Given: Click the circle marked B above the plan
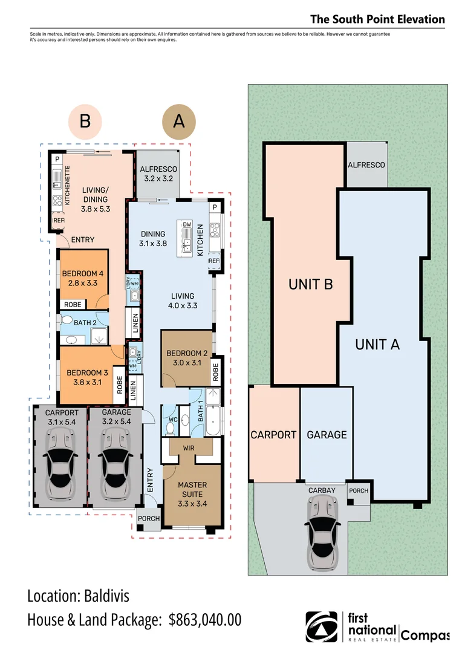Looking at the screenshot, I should click(85, 122).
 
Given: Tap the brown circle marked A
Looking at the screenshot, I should click(179, 122).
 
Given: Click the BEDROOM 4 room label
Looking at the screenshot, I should click(83, 278).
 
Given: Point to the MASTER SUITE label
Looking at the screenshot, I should click(192, 490).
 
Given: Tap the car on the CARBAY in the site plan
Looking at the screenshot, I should click(322, 532).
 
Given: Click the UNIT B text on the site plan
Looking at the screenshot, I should click(311, 284).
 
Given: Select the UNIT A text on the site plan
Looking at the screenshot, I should click(377, 345).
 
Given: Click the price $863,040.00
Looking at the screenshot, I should click(205, 620).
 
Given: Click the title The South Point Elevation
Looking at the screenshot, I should click(377, 19).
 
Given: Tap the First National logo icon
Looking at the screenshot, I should click(321, 627).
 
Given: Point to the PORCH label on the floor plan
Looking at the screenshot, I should click(149, 519).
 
